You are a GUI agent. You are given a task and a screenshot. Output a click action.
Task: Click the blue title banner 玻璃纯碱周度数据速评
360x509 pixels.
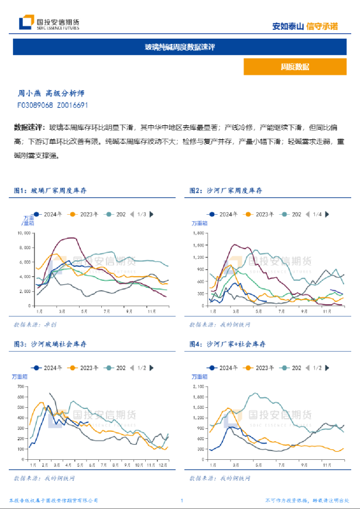[x=180, y=47]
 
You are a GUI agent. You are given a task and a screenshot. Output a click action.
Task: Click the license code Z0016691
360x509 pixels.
[x=73, y=105]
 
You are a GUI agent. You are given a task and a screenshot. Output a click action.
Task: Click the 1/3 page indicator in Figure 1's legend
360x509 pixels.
[x=141, y=214]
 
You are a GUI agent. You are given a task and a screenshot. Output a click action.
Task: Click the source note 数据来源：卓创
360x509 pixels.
[x=35, y=324]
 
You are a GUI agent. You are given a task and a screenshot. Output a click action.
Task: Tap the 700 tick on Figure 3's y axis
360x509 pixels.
[x=21, y=387]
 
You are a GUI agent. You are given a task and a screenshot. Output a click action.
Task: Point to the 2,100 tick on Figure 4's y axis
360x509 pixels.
[x=199, y=387]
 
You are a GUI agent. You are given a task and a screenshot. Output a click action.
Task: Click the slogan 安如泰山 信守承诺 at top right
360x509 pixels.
[x=305, y=26]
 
